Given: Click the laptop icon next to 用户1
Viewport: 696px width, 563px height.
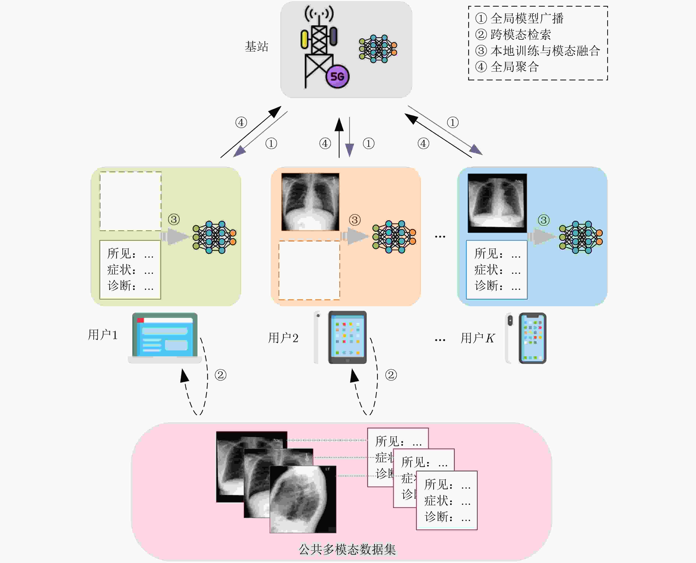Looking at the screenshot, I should tap(165, 337).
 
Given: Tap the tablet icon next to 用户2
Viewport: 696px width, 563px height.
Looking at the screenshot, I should tap(347, 337).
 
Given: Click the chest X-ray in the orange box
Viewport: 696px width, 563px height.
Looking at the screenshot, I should tap(310, 202).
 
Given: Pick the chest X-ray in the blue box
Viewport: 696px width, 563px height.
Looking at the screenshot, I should tap(497, 203).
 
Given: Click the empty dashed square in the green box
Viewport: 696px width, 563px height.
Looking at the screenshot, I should tap(130, 201).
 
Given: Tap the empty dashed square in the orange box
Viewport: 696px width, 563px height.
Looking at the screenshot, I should tap(309, 270).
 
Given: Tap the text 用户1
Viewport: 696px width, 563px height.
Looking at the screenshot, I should tap(103, 335).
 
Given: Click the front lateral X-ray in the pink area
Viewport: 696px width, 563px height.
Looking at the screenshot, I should tap(303, 500).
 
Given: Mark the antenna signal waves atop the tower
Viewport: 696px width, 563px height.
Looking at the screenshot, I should tap(319, 14).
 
